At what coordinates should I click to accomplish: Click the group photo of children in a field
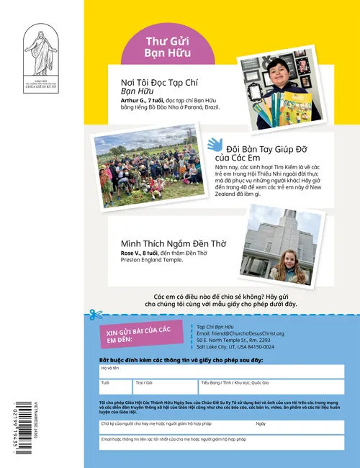tap(149, 170)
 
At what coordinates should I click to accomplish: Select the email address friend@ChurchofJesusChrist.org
tap(240, 333)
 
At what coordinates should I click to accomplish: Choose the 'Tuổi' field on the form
tap(116, 387)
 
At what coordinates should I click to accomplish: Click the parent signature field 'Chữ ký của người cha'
tap(176, 427)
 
